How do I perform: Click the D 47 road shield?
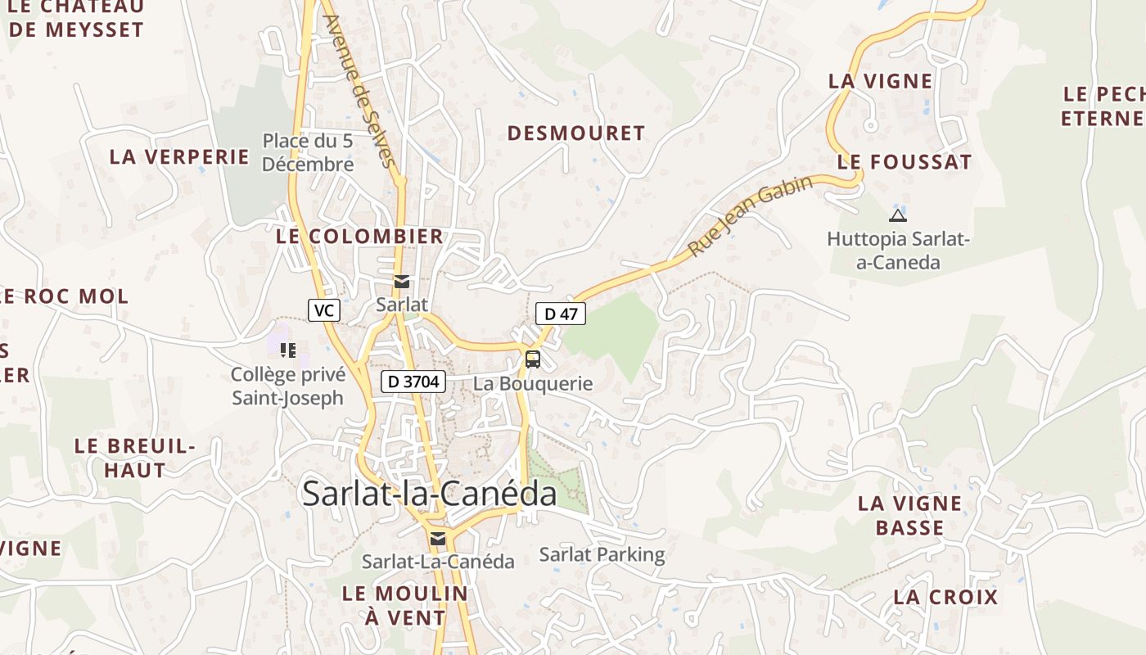pos(561,313)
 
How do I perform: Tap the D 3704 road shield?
pos(413,381)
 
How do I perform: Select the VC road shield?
pos(324,310)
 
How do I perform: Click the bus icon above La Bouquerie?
pos(533,359)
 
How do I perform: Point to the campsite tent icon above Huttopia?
pos(898,216)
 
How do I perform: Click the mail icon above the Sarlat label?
pos(401,282)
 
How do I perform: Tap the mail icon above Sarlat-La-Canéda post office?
pos(438,538)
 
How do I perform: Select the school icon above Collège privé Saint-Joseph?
pos(287,350)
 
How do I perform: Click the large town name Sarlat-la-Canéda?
pos(430,494)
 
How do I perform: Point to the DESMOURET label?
pos(576,133)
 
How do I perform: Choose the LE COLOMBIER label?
pos(359,237)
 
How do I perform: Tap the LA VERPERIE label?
pos(179,156)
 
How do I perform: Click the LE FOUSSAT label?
pos(905,162)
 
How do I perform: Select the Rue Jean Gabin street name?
pos(751,215)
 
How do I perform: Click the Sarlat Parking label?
pos(602,554)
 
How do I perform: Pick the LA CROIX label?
pos(945,597)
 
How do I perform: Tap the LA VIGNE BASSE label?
pos(910,515)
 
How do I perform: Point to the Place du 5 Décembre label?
pos(308,152)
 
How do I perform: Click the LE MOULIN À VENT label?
pos(405,605)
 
